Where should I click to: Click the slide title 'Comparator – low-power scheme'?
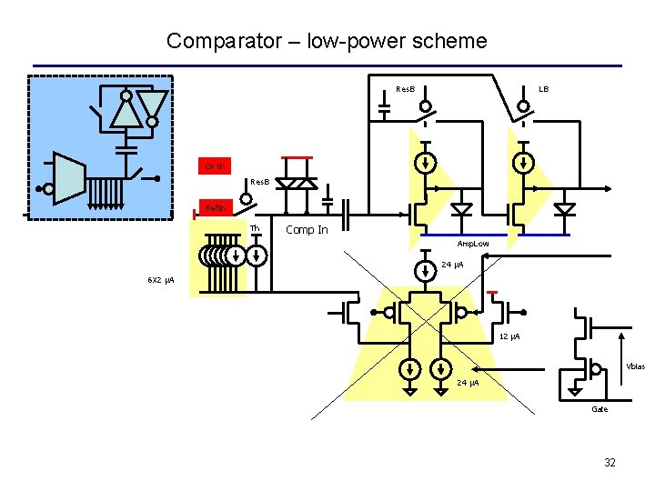click(327, 41)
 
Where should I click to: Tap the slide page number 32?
click(610, 463)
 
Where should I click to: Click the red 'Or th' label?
click(216, 165)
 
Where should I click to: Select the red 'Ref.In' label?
click(216, 208)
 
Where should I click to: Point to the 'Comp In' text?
click(307, 230)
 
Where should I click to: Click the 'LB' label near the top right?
click(543, 89)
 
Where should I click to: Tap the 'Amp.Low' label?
click(472, 244)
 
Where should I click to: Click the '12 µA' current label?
click(509, 337)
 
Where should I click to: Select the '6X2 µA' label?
click(161, 278)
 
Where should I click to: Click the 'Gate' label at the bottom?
click(599, 409)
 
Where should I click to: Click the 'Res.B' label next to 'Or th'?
click(259, 182)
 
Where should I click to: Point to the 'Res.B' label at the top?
click(406, 89)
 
